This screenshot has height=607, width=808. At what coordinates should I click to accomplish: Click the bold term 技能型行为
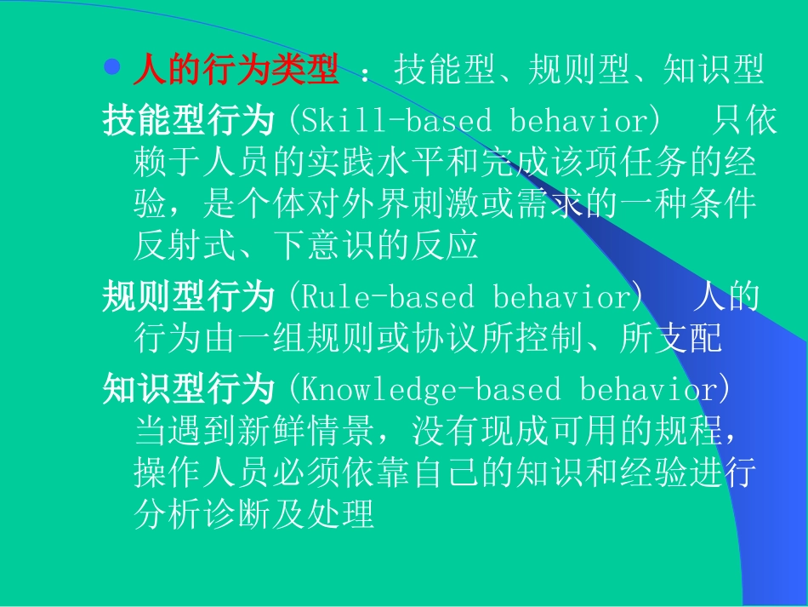(188, 122)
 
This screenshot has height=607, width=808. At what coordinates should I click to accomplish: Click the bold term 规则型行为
(188, 298)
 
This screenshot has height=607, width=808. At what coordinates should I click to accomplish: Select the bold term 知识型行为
(188, 390)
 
